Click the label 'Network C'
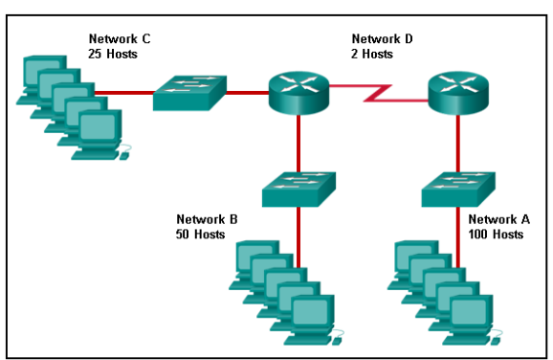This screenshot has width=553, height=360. [x=120, y=39]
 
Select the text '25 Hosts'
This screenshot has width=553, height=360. [x=114, y=54]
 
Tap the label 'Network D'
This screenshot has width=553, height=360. [x=383, y=39]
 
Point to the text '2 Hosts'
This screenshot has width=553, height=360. [x=373, y=54]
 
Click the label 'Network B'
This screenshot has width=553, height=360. [x=207, y=219]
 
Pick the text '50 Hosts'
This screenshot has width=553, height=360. [x=201, y=234]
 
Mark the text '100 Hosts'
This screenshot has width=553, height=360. [x=497, y=234]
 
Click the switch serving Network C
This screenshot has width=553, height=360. [x=188, y=93]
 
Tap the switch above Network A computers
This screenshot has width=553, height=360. [x=457, y=188]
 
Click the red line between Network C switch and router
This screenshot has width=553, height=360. [x=246, y=93]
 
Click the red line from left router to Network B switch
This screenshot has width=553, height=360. [x=299, y=141]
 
